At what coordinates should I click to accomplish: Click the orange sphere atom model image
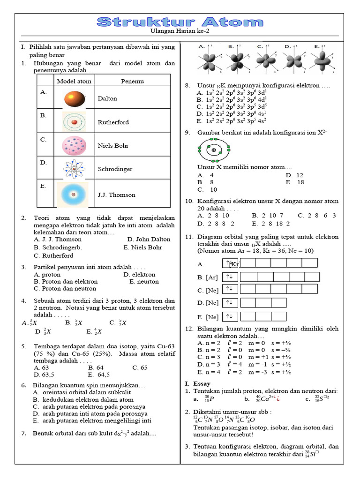[x=74, y=98]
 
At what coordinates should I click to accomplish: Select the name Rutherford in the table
[x=113, y=122]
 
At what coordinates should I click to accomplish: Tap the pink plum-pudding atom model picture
[x=74, y=146]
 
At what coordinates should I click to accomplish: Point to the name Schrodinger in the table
[x=115, y=169]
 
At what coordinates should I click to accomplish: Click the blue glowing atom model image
[x=74, y=194]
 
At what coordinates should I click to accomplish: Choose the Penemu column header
[x=132, y=81]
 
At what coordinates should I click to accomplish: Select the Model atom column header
[x=74, y=81]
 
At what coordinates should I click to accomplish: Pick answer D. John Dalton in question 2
[x=149, y=239]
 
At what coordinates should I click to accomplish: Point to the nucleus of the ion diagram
[x=214, y=150]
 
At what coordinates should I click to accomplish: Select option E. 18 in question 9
[x=294, y=182]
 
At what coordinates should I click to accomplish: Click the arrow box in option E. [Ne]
[x=230, y=316]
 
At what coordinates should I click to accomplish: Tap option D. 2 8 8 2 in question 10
[x=216, y=224]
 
